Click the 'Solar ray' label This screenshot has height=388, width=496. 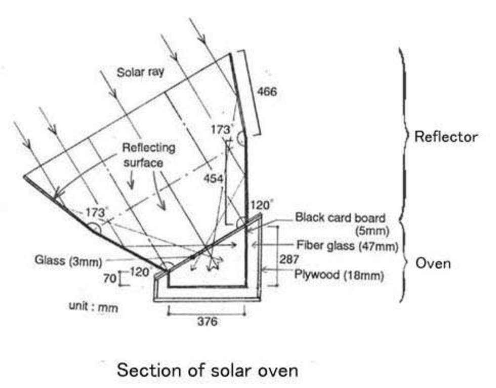click(x=141, y=72)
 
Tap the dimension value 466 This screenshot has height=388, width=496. click(x=267, y=91)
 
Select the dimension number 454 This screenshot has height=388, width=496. click(x=213, y=178)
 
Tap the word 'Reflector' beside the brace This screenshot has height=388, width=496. click(x=445, y=136)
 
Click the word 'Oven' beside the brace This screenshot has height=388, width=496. click(x=433, y=263)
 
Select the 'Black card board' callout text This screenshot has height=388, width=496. click(x=340, y=218)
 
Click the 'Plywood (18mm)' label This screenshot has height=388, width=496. click(x=339, y=275)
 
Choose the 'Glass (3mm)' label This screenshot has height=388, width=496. click(x=68, y=261)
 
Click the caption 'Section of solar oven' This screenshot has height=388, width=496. click(x=208, y=370)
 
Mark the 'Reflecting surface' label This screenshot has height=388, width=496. click(x=149, y=155)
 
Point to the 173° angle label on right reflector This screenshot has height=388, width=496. click(x=221, y=130)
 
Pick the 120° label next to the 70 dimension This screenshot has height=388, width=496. click(x=140, y=271)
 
